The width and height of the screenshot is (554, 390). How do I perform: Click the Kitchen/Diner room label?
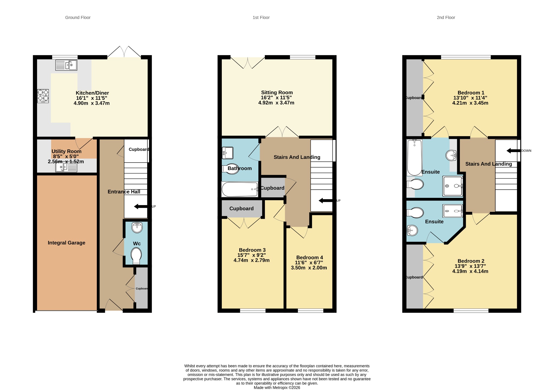point(92,93)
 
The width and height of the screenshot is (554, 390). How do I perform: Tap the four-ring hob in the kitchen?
point(43,96)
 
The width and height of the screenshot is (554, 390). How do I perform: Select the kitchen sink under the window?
point(66,65)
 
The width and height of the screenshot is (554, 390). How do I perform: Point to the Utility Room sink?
point(66,167)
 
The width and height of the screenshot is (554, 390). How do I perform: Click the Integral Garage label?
point(67,243)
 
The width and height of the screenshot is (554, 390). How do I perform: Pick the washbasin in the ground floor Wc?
point(137,227)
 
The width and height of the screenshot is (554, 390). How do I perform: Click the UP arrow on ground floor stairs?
point(141,207)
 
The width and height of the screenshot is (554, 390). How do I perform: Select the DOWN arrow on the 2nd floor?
point(513,151)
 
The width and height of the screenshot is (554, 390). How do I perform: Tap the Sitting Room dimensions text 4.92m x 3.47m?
point(276,103)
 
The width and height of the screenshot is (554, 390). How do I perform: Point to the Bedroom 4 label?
point(309,257)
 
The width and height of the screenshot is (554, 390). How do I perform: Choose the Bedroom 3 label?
point(252,250)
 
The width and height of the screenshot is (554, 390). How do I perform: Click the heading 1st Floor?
point(261,18)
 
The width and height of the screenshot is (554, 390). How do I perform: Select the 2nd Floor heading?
point(446,18)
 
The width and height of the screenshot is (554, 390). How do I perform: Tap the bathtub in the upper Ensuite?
point(415,158)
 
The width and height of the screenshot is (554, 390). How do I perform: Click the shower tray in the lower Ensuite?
point(453,211)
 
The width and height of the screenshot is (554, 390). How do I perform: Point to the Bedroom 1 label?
point(471,93)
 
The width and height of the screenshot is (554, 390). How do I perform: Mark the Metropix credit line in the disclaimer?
point(277,388)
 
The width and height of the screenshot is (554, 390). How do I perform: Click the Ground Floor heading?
point(78,18)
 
